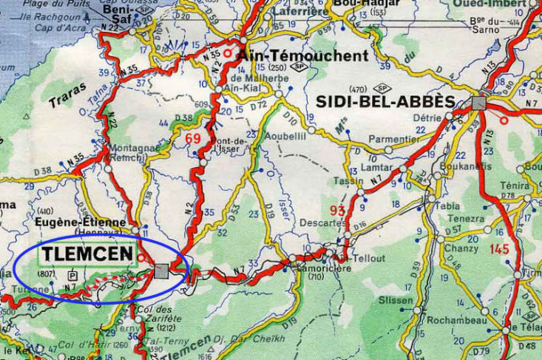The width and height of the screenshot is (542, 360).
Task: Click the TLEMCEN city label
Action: (87, 255)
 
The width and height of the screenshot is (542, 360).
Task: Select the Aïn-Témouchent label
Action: (304, 55)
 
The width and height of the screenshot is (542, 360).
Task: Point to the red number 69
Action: (193, 138)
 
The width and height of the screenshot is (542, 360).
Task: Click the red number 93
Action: (339, 211)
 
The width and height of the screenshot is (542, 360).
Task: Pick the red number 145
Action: (500, 249)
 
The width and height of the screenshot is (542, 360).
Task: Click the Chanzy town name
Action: (461, 248)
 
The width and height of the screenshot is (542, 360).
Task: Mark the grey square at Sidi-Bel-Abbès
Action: (479, 103)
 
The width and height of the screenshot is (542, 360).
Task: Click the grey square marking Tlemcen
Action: (162, 271)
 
